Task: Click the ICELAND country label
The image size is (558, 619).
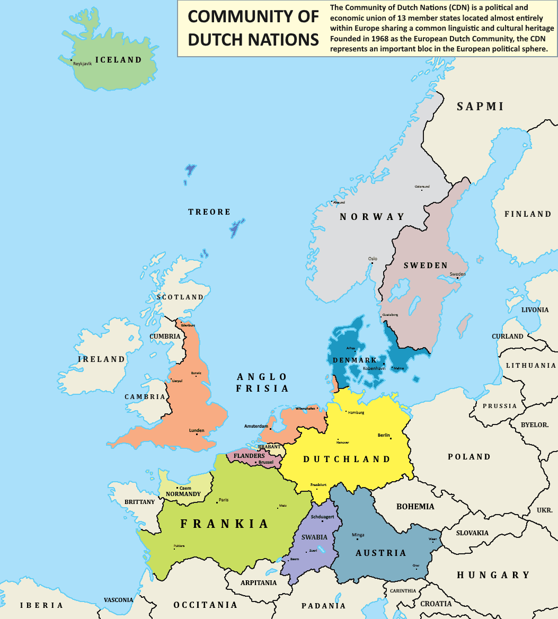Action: click(x=118, y=60)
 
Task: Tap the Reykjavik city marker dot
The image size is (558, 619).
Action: click(x=72, y=60)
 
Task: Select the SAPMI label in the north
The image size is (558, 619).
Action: click(x=480, y=106)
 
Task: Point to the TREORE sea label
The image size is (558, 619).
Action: click(x=209, y=212)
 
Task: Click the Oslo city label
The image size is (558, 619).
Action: click(x=373, y=259)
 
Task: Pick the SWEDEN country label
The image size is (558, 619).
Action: click(x=426, y=265)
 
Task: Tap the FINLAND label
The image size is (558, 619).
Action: click(x=528, y=214)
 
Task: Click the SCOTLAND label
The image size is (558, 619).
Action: click(x=180, y=297)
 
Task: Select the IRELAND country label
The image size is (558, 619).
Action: click(x=101, y=359)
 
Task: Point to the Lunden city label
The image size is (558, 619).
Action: click(x=197, y=430)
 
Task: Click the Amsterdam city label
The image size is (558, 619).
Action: click(x=256, y=426)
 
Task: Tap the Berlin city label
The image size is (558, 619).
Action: click(x=384, y=435)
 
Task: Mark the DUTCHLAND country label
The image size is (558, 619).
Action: click(x=347, y=459)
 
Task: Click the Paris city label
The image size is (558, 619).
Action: click(x=224, y=499)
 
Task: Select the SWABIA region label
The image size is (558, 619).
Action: click(x=314, y=537)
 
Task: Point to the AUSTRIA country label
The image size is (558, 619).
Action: click(x=380, y=553)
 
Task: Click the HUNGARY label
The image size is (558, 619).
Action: click(x=493, y=575)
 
